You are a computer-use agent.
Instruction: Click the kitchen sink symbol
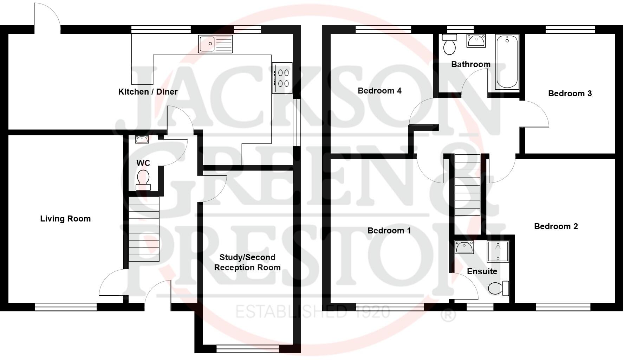(215, 44)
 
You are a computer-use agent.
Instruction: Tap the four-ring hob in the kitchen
(282, 78)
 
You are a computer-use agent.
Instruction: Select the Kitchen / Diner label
(148, 92)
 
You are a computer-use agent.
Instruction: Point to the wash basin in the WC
(142, 139)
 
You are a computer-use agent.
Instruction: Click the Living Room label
(65, 219)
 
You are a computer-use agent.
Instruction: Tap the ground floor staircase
(144, 229)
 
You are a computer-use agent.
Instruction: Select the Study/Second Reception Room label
(247, 262)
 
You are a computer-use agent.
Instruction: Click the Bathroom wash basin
(476, 41)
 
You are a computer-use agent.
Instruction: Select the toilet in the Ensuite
(498, 288)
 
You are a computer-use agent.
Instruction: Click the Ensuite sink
(464, 247)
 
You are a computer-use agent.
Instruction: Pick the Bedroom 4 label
(379, 91)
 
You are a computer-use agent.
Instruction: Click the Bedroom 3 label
(570, 94)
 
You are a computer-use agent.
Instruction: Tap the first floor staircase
(467, 185)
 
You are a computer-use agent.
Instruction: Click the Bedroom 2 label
(555, 226)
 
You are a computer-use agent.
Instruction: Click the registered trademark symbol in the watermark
(448, 315)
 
